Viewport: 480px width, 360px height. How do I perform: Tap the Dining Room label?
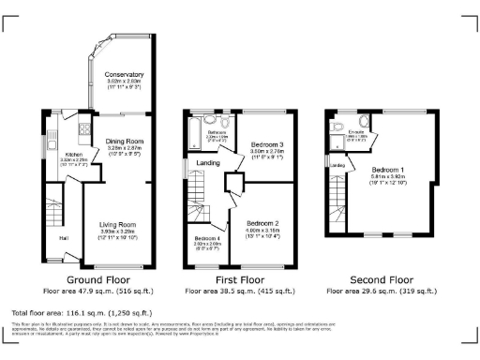click(x=123, y=142)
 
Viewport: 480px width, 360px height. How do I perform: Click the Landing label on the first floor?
click(x=208, y=162)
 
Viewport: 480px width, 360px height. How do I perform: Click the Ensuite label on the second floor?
click(x=355, y=132)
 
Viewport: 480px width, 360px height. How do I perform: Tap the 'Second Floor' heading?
click(x=381, y=279)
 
